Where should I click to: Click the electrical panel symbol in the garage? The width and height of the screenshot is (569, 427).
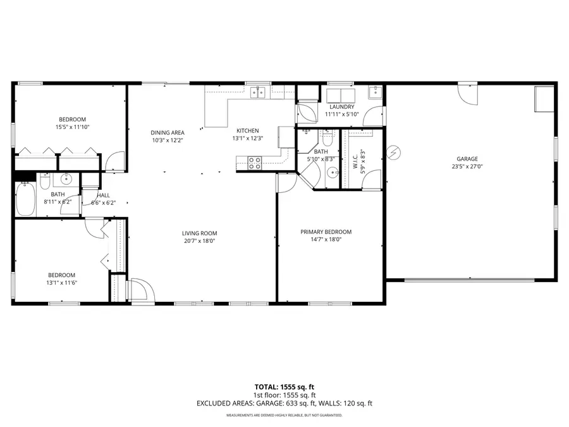point(394,152)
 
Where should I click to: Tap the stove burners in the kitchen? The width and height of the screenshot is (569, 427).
point(255,161)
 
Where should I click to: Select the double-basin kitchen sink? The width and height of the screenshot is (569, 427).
point(257,92)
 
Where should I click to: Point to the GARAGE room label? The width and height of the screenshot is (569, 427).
point(468,159)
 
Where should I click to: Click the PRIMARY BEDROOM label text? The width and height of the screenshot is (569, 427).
point(326,232)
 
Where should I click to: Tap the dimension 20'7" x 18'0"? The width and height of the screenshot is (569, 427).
point(200,241)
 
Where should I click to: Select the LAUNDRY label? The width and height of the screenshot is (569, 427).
point(342,108)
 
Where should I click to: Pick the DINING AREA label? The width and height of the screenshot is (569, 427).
point(168,132)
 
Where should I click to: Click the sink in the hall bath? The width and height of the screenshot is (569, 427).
point(67,181)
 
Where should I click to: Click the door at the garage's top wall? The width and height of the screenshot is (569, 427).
point(468,94)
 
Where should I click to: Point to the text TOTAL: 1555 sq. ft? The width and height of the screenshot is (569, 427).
point(284,386)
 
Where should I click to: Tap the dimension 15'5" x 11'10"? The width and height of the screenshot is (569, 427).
point(72,127)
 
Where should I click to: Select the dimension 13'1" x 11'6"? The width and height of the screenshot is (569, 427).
point(62,283)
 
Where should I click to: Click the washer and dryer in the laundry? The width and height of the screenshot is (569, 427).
point(341,94)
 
